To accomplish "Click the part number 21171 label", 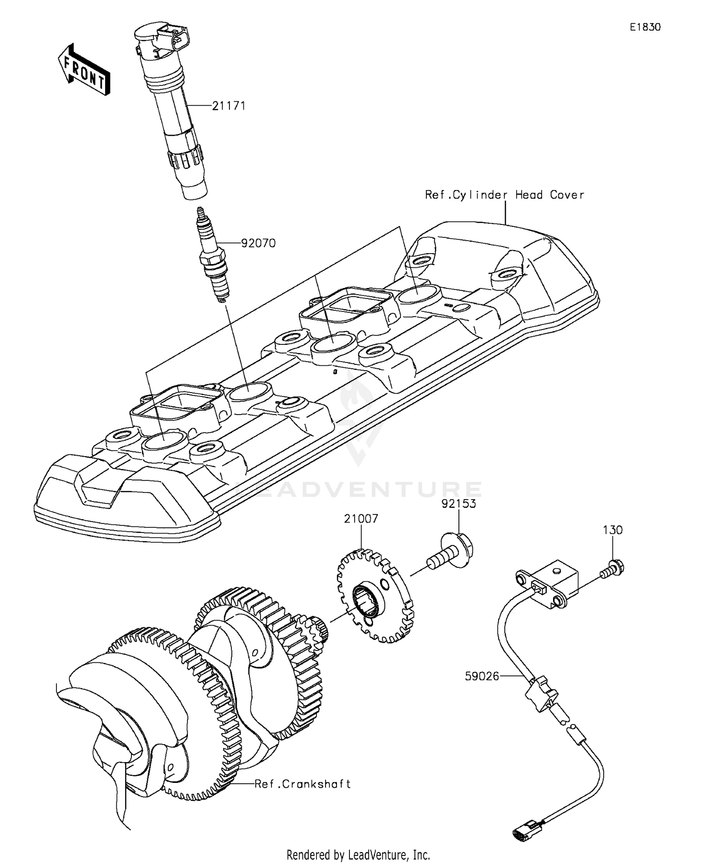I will pyautogui.click(x=229, y=106).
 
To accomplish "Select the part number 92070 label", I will pyautogui.click(x=258, y=244).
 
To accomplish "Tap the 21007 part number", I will pyautogui.click(x=361, y=519).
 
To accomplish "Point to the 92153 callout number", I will pyautogui.click(x=459, y=504).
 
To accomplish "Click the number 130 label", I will pyautogui.click(x=613, y=530).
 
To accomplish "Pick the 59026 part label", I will pyautogui.click(x=482, y=676).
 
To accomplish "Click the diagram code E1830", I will pyautogui.click(x=645, y=28).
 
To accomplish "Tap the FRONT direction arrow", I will pyautogui.click(x=84, y=70).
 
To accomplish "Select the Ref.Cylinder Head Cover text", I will pyautogui.click(x=505, y=195).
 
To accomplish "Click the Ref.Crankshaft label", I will pyautogui.click(x=303, y=784).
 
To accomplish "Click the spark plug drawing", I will pyautogui.click(x=213, y=258).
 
